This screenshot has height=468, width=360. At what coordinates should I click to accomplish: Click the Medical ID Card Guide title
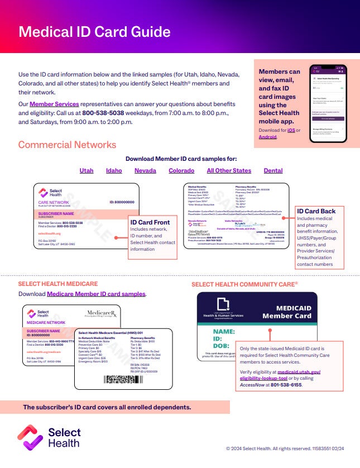pos(94,31)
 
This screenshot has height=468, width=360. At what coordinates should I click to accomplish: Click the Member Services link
pos(54,104)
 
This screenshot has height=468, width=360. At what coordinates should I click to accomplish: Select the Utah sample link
pos(87,170)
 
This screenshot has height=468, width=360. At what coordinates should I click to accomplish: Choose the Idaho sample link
pos(114,170)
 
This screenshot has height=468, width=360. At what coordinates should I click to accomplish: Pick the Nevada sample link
pos(145,170)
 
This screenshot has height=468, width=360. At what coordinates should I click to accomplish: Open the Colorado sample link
pos(181,170)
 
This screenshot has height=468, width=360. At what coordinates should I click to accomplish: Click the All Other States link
pos(229,170)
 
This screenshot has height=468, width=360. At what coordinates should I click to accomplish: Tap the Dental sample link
pos(273,170)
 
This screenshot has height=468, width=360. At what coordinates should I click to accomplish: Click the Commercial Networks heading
pos(67,145)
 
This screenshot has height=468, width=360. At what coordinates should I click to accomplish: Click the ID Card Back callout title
pos(316,211)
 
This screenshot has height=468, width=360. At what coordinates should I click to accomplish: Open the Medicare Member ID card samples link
pos(96,294)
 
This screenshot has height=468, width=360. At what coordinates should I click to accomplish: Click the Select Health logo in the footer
pos(49,437)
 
